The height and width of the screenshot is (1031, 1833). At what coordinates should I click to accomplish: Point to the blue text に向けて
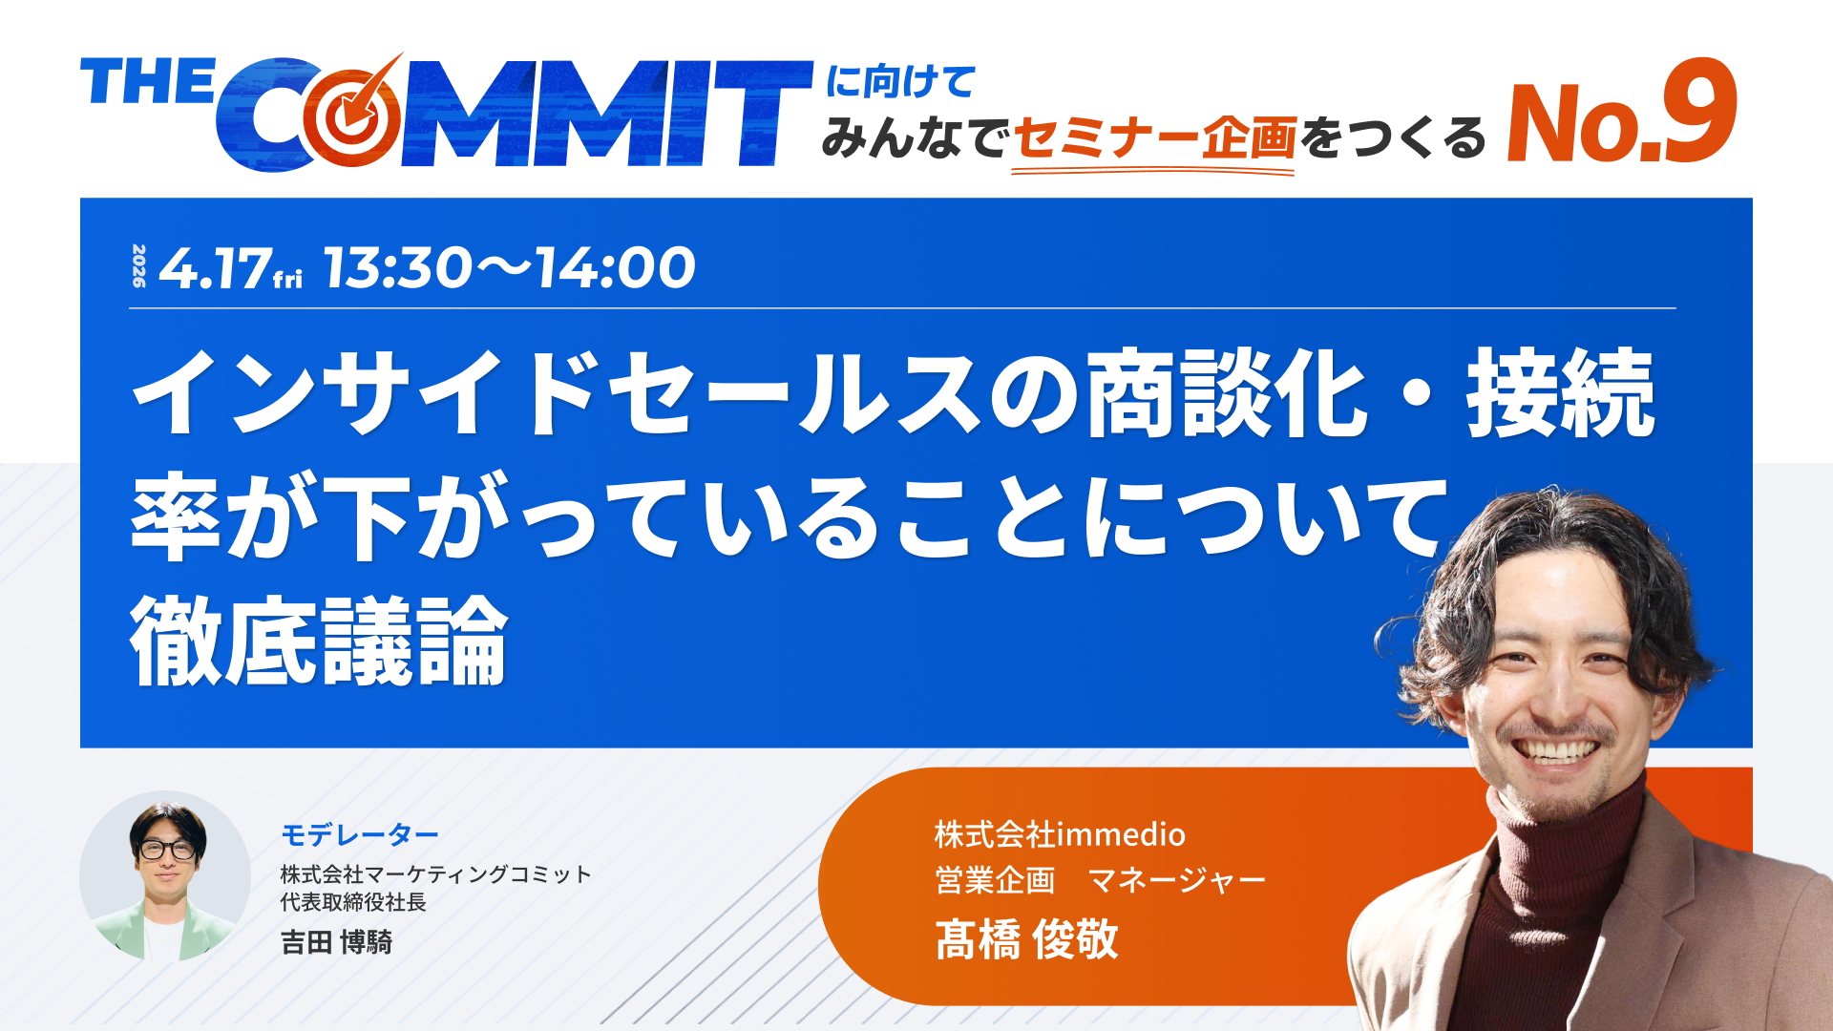point(899,82)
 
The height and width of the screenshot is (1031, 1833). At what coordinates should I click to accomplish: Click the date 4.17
point(215,268)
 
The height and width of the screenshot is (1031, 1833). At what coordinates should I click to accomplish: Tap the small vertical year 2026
point(139,266)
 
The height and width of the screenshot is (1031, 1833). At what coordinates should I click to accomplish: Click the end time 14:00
point(615,267)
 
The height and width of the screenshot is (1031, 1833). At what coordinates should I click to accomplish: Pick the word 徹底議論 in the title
point(319,642)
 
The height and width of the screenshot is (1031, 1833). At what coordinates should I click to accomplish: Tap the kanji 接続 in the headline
point(1560,393)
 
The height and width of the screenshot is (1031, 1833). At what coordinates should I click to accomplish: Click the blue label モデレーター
point(359,835)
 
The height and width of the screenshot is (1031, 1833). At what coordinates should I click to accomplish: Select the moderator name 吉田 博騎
point(336,942)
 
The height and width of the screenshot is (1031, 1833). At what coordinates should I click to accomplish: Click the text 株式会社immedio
point(1059,834)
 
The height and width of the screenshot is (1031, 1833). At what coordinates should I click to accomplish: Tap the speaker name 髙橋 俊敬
point(1026,939)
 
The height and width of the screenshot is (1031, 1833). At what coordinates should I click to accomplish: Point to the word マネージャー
point(1176,880)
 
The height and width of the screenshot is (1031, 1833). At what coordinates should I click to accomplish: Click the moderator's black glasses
point(168,849)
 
